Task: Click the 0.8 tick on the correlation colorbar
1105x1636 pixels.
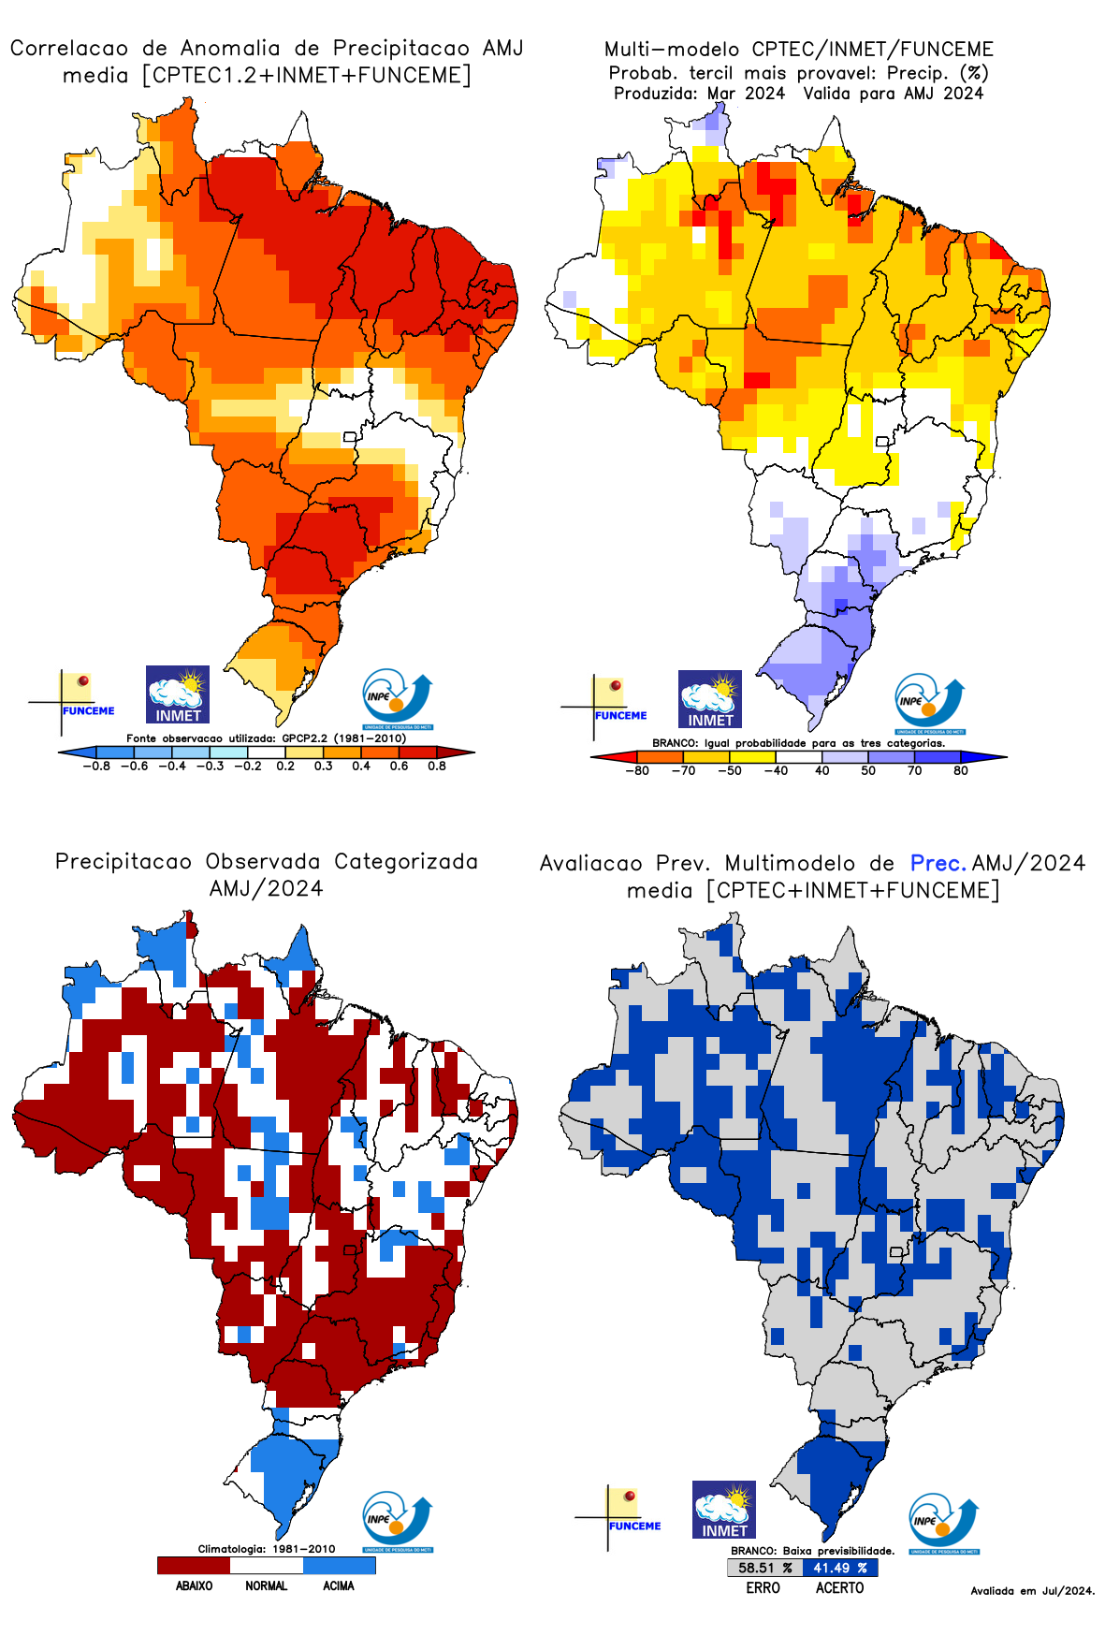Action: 437,766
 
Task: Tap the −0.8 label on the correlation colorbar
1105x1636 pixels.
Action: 96,766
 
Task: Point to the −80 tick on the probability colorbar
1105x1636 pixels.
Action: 637,770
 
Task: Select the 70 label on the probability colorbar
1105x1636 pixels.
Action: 914,770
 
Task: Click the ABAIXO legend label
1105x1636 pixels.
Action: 194,1585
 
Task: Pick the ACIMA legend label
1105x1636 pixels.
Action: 339,1585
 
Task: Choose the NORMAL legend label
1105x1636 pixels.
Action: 267,1585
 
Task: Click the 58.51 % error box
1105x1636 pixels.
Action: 764,1568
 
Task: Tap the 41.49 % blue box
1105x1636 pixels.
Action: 840,1568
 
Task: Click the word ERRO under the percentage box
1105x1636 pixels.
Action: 763,1587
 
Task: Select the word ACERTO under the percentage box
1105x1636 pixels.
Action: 840,1587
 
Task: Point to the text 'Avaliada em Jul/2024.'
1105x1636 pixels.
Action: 1032,1591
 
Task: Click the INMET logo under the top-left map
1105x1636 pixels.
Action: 178,694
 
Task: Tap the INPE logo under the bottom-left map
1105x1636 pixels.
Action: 398,1522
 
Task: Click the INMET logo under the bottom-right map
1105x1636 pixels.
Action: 724,1510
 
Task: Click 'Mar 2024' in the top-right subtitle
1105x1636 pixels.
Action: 746,94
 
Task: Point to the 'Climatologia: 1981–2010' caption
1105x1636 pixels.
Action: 267,1549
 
